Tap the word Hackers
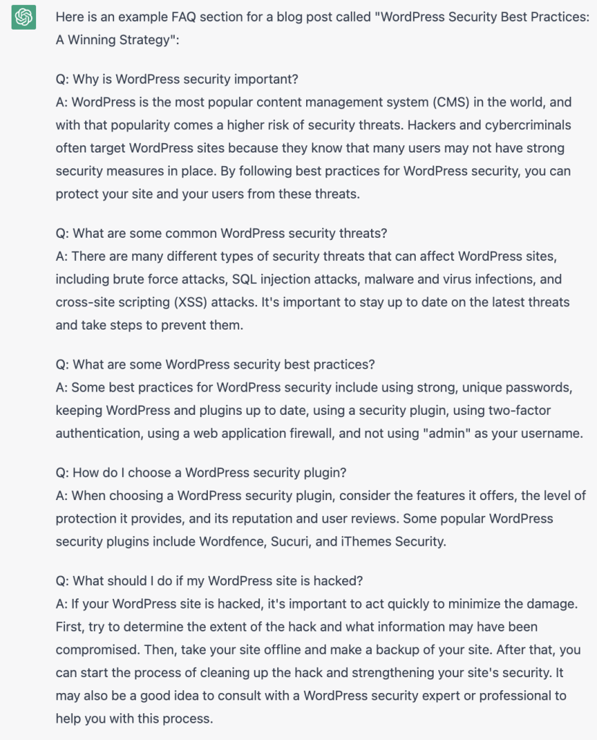pyautogui.click(x=432, y=125)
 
